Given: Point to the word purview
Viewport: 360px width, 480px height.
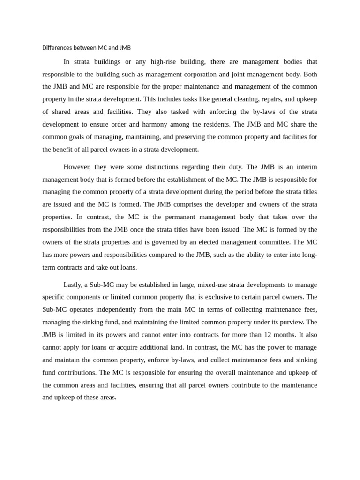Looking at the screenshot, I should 290,322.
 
